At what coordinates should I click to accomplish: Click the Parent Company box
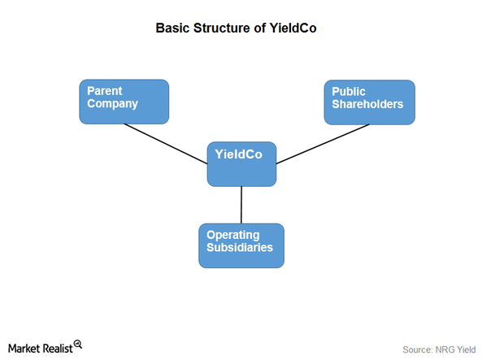(x=124, y=102)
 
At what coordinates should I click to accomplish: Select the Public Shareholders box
(x=369, y=102)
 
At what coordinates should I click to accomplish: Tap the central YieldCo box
(x=241, y=164)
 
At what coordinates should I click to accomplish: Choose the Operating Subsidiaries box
(x=241, y=245)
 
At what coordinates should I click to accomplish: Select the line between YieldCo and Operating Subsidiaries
(x=241, y=205)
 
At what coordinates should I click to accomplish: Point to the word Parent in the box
(x=106, y=91)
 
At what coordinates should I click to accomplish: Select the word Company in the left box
(x=113, y=104)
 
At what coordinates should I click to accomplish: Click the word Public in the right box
(x=349, y=92)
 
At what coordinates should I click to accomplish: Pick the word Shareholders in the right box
(x=367, y=105)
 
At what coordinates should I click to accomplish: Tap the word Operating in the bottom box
(x=233, y=235)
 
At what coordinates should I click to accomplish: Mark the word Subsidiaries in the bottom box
(x=239, y=248)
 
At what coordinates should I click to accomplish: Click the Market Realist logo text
(x=41, y=346)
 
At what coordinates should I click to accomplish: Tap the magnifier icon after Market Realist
(x=78, y=345)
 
